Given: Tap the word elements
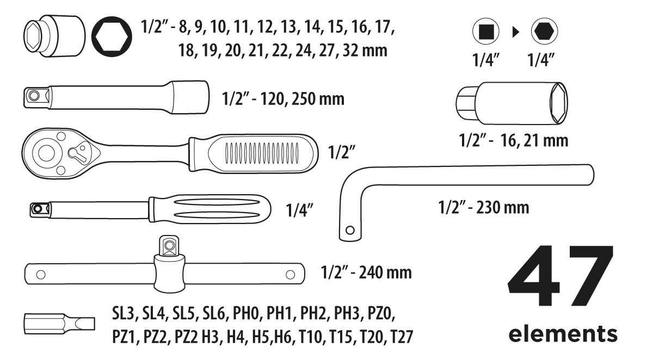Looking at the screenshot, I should (x=563, y=333).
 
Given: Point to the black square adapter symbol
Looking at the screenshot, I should (x=486, y=32).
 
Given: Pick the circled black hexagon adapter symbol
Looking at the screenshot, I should (x=544, y=32).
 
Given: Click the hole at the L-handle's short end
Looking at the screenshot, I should (x=350, y=230).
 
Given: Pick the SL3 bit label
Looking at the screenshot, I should (x=124, y=314).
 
